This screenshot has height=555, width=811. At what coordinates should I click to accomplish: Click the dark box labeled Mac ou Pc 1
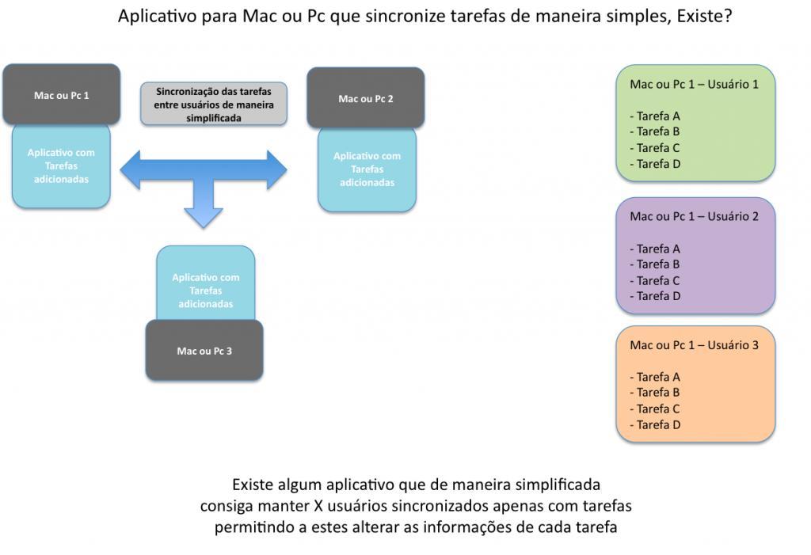(62, 95)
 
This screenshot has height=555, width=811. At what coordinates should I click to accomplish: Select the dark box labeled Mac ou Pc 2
(366, 97)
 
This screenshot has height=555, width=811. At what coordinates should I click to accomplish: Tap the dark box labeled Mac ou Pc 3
(204, 350)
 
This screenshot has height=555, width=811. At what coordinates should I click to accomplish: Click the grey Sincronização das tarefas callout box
(214, 104)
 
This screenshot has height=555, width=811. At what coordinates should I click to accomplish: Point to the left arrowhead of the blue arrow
(131, 169)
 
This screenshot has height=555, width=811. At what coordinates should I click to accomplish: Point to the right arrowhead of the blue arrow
(276, 169)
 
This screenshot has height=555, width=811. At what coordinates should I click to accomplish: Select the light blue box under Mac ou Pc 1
(61, 166)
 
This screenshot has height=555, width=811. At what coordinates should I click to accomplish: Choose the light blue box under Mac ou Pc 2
(367, 169)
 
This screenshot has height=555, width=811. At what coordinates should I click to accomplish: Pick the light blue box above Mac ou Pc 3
(206, 283)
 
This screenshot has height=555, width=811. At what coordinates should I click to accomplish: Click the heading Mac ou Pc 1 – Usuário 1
(694, 84)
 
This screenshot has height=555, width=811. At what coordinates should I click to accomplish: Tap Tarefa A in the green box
(655, 116)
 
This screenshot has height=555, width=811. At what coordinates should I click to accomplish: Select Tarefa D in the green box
(655, 164)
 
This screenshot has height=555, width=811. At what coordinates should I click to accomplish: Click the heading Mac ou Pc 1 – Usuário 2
(694, 216)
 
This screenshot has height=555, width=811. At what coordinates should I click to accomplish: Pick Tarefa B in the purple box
(655, 264)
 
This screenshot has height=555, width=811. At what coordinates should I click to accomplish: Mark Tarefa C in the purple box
(655, 281)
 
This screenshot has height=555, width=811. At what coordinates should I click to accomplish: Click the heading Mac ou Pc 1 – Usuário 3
(694, 345)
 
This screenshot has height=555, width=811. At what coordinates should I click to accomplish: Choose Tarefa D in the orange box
(655, 424)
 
